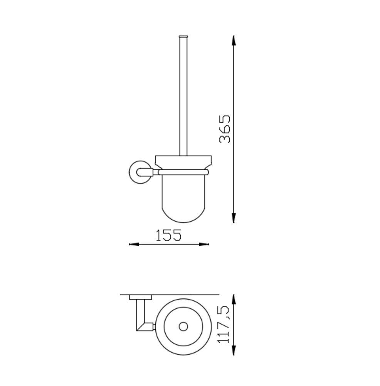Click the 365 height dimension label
[x=225, y=129]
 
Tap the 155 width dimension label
[x=169, y=235]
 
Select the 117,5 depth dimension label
[x=224, y=325]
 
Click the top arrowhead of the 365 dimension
[x=234, y=41]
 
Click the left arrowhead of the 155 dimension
[x=134, y=244]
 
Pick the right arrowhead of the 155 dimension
[x=204, y=244]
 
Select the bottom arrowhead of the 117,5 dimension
[x=234, y=350]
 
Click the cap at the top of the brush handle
[x=183, y=37]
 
